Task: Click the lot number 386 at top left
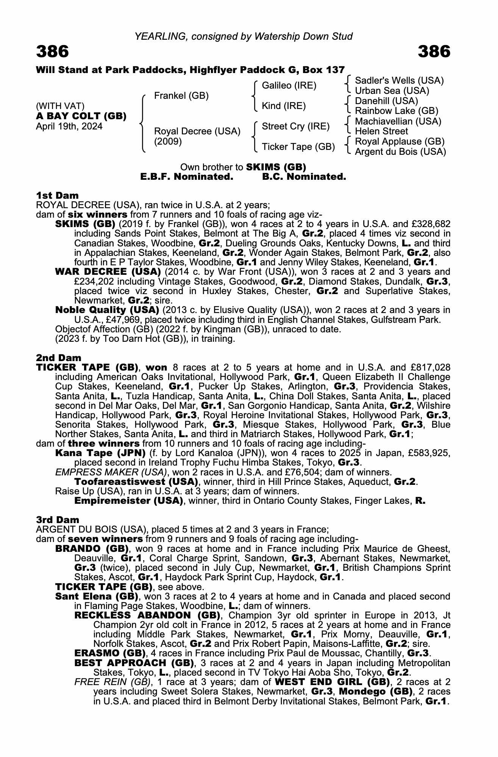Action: point(53,51)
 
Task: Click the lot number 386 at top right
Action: point(434,51)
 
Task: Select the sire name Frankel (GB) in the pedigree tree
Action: point(181,96)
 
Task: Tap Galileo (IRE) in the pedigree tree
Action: point(289,86)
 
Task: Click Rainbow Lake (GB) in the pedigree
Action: point(397,111)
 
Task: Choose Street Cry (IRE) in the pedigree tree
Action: point(296,126)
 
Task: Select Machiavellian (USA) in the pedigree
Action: point(398,121)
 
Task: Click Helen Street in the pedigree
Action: point(381,131)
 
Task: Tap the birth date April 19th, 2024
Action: point(69,126)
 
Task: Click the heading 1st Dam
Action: point(58,195)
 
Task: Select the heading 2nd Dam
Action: point(59,358)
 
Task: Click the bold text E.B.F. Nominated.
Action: point(187,177)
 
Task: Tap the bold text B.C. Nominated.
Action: point(304,177)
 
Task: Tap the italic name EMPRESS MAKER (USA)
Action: point(111,472)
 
